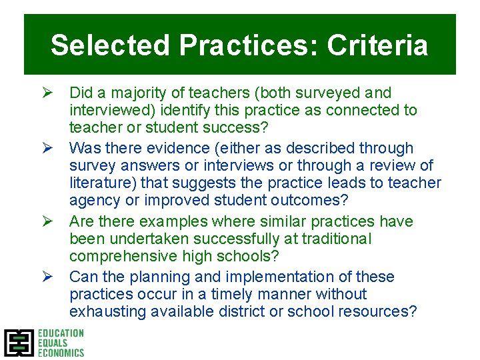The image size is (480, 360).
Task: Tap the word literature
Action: [100, 183]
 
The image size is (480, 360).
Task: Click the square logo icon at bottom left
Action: [18, 343]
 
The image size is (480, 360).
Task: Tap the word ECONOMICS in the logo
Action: [61, 353]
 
